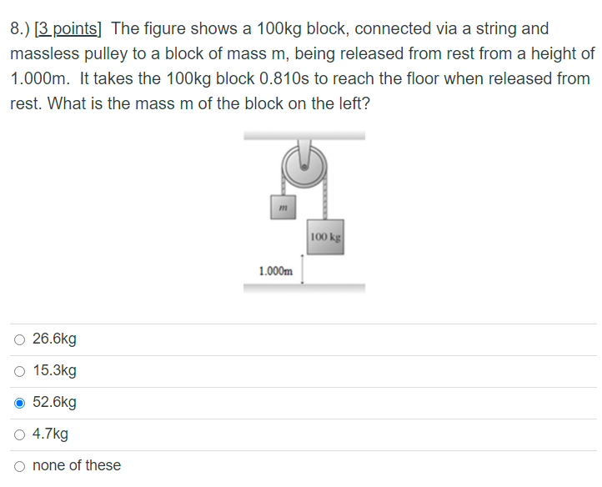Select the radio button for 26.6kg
(x=19, y=339)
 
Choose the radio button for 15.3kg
(x=19, y=371)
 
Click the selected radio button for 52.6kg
(x=19, y=403)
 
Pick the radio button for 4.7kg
(x=19, y=434)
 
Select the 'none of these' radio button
(x=19, y=465)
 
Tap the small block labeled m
(x=283, y=206)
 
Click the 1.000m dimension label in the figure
(x=276, y=271)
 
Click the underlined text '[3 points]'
(x=67, y=29)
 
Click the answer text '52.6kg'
(x=54, y=403)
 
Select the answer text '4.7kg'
(x=50, y=434)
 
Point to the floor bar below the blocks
(x=304, y=289)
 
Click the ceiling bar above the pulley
(x=304, y=135)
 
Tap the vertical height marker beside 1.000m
(x=302, y=270)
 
